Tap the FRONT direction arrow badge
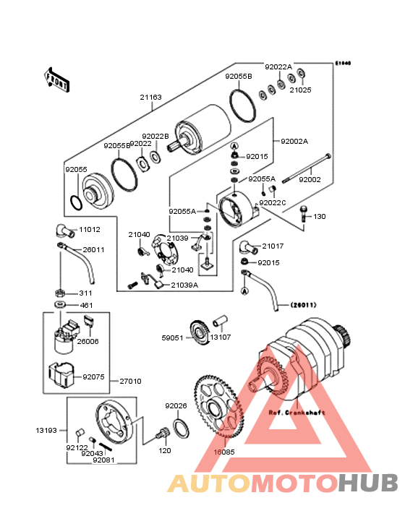click(58, 79)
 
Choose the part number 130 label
click(319, 216)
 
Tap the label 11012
click(89, 229)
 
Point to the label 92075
click(93, 377)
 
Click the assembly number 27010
click(130, 381)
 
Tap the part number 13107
click(221, 337)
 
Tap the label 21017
click(273, 246)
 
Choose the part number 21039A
click(184, 285)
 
